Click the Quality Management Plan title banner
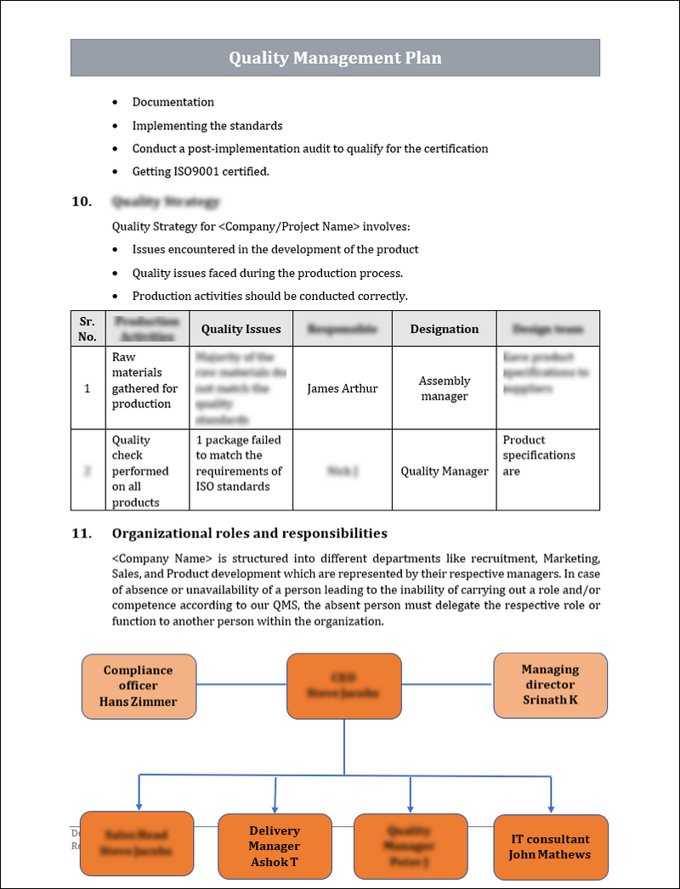(x=335, y=58)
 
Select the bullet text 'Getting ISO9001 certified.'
(x=201, y=172)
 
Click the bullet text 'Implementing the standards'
(x=207, y=126)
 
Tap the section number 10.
(x=81, y=202)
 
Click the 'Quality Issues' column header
(x=241, y=329)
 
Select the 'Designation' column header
(x=444, y=329)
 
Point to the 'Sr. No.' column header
(x=87, y=329)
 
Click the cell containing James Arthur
(x=342, y=388)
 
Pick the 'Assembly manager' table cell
(x=444, y=388)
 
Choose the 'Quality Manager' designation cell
(x=444, y=471)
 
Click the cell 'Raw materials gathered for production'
(x=145, y=381)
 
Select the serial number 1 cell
(x=87, y=388)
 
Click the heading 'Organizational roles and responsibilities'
(x=249, y=534)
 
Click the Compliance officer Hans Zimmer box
(x=139, y=685)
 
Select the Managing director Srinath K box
(x=550, y=685)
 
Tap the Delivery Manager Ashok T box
(x=275, y=846)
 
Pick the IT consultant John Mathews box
(x=550, y=847)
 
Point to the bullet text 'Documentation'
(x=173, y=102)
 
